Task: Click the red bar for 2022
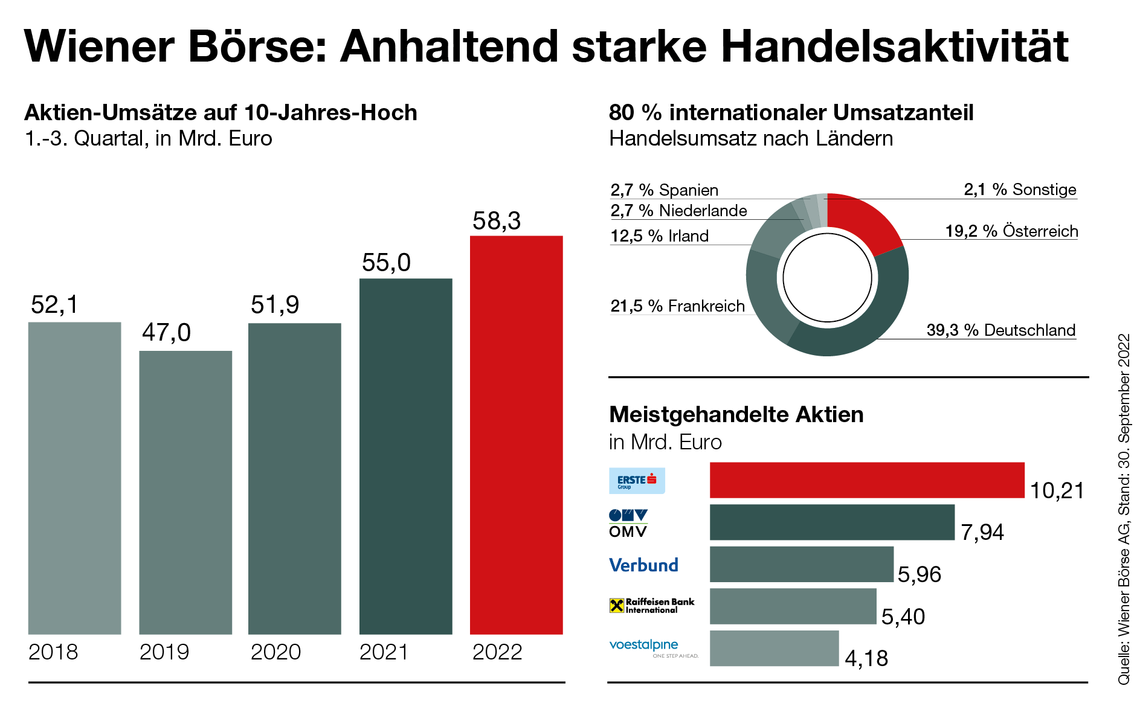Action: coord(516,435)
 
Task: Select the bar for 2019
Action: coord(185,492)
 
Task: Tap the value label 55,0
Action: coord(386,263)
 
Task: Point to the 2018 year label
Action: coord(53,652)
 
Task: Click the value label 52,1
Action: coord(54,304)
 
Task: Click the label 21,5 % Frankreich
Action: coord(677,306)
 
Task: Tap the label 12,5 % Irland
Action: coord(659,236)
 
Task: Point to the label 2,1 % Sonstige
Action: coord(1020,190)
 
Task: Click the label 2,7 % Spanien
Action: coord(664,190)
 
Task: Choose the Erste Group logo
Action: coord(637,481)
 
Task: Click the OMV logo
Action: coord(628,523)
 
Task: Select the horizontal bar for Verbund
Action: coord(801,564)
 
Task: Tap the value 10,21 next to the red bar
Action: coord(1057,490)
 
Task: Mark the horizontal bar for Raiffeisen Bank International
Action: coord(793,606)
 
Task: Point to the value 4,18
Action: coord(866,658)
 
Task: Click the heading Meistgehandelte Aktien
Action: coord(736,415)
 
